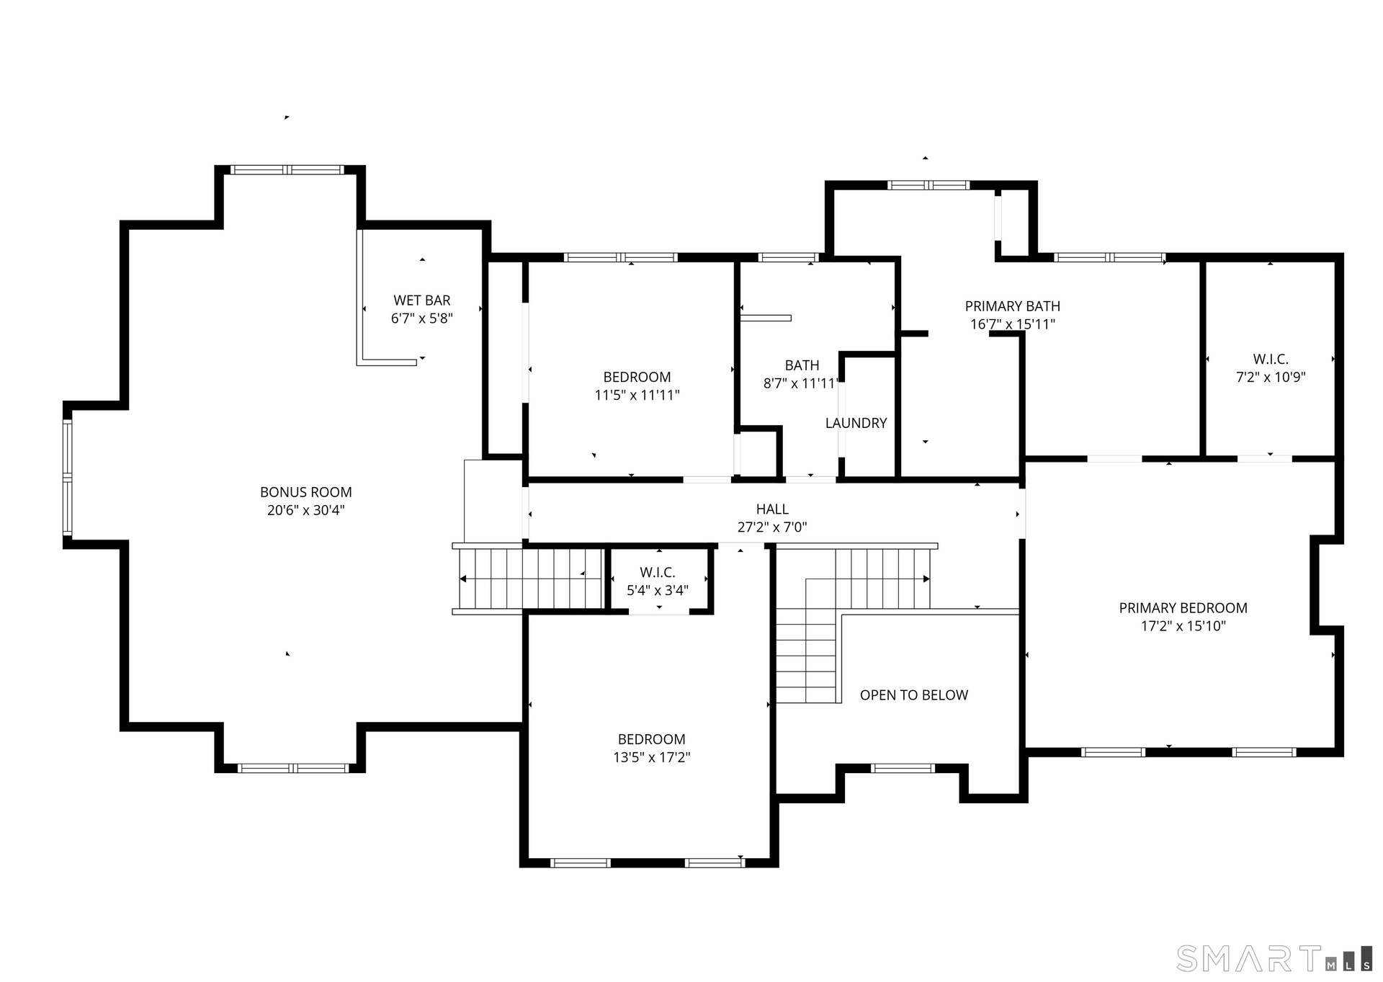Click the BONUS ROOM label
306,492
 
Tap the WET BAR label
422,300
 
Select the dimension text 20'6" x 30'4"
306,510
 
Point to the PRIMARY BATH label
1013,306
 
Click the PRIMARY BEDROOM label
1183,608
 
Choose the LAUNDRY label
856,423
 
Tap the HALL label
772,509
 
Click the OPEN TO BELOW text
914,695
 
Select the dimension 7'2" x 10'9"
1271,377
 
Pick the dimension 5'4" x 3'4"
658,591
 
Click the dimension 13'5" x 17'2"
652,757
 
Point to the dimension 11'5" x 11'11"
637,395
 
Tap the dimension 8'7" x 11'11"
802,383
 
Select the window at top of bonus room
287,170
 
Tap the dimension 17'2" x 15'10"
1183,626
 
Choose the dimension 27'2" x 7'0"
772,527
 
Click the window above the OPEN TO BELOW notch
903,768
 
